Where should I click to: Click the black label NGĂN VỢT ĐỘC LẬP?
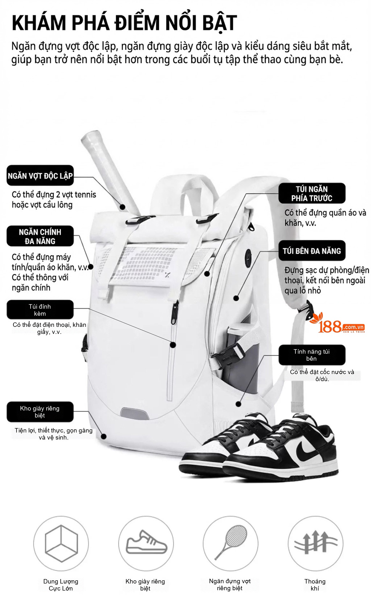40,176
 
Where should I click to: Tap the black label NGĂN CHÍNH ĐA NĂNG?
40,236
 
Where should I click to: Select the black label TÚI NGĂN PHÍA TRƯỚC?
312,193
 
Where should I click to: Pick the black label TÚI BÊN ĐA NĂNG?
312,251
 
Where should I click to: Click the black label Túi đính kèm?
40,310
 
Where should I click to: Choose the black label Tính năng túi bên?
312,355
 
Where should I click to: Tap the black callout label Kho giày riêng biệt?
40,412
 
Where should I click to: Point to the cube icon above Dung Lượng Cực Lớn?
61,543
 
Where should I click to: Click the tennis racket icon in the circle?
231,542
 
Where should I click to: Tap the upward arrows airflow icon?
316,542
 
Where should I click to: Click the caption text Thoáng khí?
315,585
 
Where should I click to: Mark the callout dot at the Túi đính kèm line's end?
173,345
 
